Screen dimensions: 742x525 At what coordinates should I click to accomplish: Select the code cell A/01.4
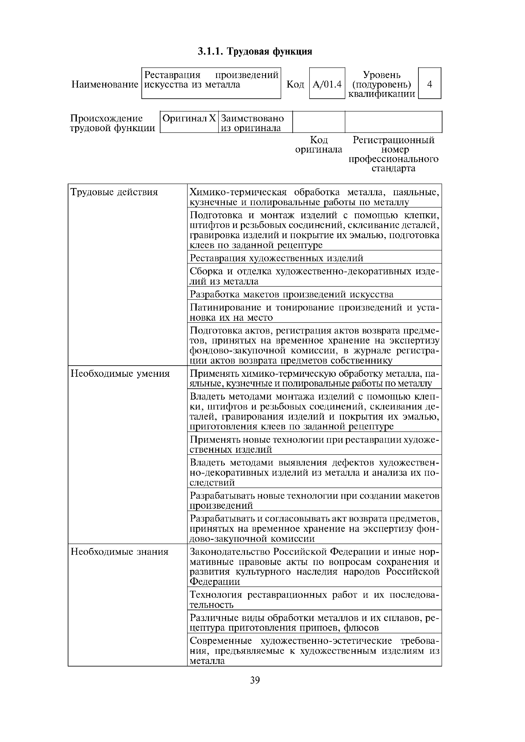click(327, 84)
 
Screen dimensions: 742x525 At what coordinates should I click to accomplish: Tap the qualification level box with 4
click(429, 84)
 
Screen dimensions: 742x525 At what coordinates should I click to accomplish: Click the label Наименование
click(105, 85)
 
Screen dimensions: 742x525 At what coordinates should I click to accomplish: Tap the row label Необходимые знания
click(120, 552)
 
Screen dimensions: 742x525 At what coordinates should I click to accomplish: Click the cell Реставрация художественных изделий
click(276, 258)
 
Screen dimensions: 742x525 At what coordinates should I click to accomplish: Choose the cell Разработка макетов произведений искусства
click(292, 294)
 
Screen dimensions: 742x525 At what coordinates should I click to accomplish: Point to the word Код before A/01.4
click(295, 85)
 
